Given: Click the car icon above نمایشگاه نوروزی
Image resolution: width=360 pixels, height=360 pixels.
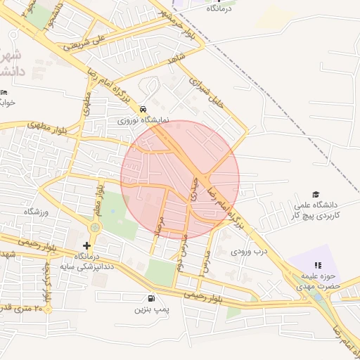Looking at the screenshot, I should pos(143,110).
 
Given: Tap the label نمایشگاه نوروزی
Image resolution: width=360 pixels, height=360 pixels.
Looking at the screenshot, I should pos(143,120).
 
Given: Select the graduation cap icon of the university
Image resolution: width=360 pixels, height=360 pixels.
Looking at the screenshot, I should pos(316,195).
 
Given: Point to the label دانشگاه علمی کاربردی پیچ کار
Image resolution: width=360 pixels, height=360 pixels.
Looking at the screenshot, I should pos(316,210).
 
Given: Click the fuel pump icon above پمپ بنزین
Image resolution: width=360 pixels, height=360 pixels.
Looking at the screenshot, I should pos(152,298).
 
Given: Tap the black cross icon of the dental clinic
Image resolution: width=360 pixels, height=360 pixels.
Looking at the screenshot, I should pos(86,245).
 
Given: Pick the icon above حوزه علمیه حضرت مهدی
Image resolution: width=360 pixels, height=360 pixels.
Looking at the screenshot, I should pos(317,265).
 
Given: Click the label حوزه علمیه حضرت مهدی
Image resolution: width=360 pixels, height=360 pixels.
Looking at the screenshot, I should pos(317,281).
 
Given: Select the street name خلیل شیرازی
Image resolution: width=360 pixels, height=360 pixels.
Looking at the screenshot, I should pos(208,95).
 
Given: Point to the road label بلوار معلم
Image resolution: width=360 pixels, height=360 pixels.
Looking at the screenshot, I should pos(101,198).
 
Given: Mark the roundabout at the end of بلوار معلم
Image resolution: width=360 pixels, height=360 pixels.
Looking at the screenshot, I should pos(95,228).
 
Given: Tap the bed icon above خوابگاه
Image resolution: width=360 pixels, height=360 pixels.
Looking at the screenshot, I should pos(5,92).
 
